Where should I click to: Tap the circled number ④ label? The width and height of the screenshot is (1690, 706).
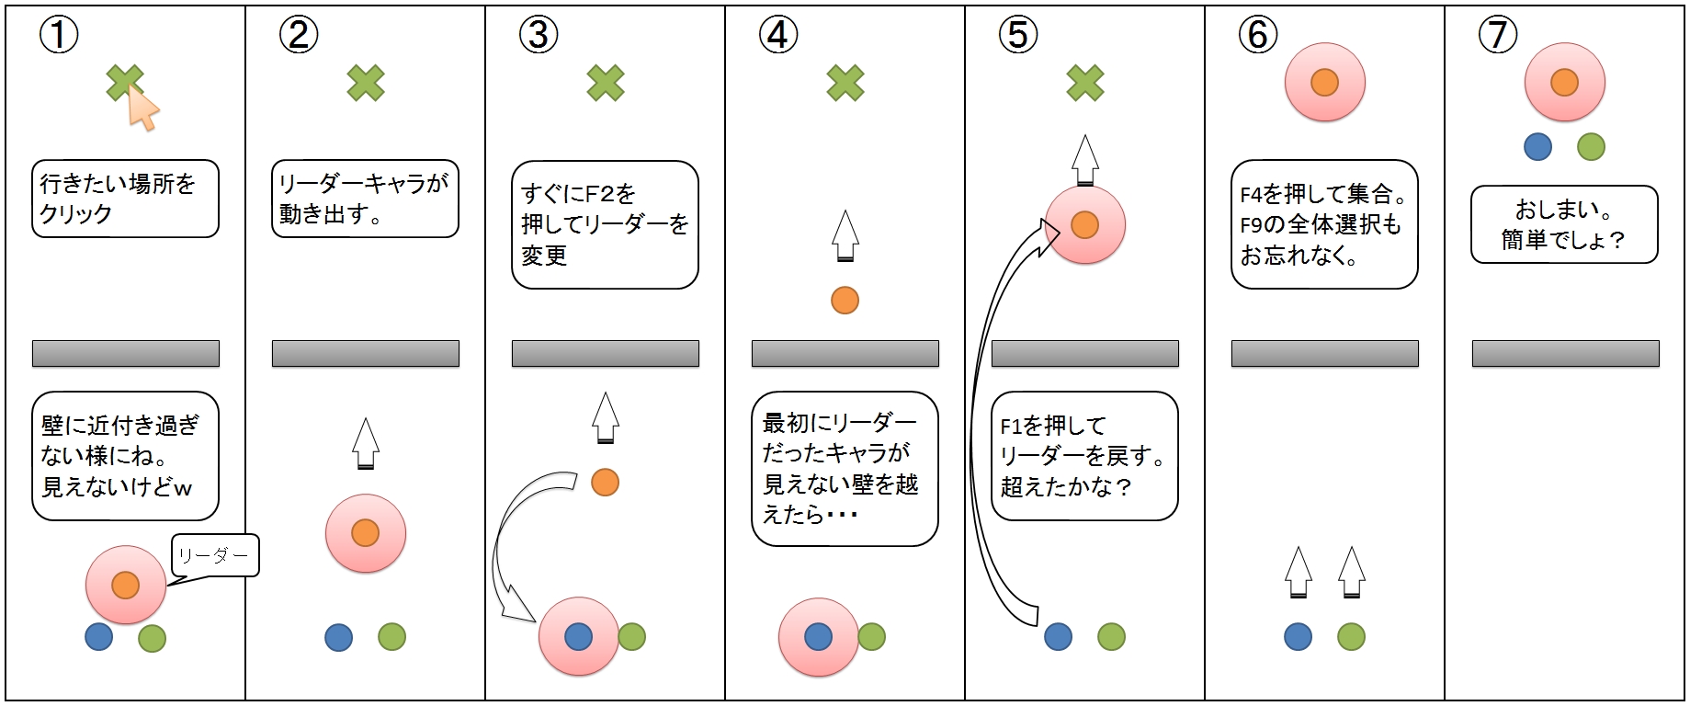(x=778, y=35)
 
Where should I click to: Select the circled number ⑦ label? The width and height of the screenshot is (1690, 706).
(x=1498, y=35)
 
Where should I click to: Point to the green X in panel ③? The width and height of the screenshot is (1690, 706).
(x=606, y=83)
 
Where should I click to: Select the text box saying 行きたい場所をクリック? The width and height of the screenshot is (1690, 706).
(x=125, y=199)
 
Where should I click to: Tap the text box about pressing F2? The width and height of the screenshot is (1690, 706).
(x=605, y=224)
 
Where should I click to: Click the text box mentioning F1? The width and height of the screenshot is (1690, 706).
(x=1084, y=456)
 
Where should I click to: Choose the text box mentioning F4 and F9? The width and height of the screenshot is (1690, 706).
(x=1324, y=224)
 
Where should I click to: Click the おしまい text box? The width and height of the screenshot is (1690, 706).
(x=1564, y=224)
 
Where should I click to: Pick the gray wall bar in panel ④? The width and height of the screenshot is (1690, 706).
(x=845, y=354)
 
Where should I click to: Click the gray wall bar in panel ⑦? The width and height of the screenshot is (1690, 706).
(x=1566, y=354)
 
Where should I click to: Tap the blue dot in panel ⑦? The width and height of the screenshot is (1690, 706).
(x=1537, y=146)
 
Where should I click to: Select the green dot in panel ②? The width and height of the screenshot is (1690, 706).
(x=391, y=637)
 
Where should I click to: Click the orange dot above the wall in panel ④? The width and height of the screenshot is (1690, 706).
(x=845, y=301)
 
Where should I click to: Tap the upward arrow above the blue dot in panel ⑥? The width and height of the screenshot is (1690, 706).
(x=1298, y=573)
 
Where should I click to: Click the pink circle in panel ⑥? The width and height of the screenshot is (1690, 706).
(x=1324, y=83)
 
